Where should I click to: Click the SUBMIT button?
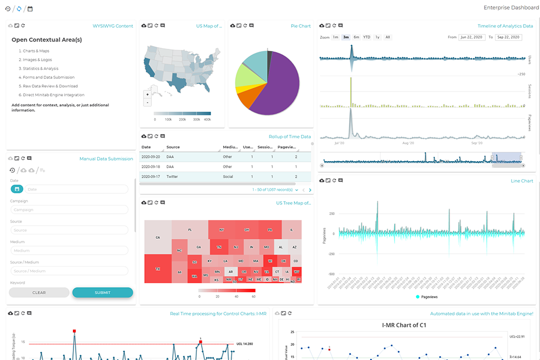(x=103, y=293)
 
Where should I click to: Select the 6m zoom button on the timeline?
(x=356, y=37)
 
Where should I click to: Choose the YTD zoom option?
(x=367, y=37)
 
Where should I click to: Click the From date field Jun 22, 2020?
(x=471, y=37)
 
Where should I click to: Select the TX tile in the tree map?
(x=157, y=269)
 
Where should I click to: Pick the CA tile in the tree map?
(x=157, y=237)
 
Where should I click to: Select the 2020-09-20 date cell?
(x=150, y=157)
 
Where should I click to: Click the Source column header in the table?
(x=173, y=147)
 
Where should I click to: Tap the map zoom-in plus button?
(x=147, y=94)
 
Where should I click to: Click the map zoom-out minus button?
(x=147, y=102)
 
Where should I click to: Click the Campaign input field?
(x=69, y=210)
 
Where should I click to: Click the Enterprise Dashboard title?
(x=511, y=8)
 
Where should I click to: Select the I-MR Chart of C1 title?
(x=404, y=325)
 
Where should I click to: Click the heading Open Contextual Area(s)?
(x=47, y=40)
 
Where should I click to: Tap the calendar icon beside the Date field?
(x=16, y=189)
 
